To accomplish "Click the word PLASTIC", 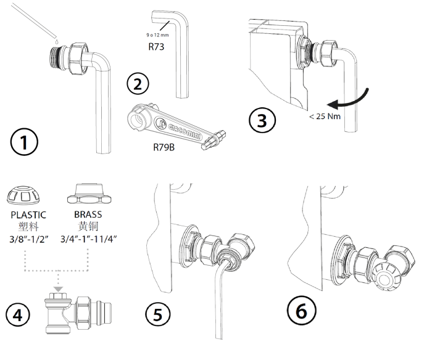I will click(x=27, y=216).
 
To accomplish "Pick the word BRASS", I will click(x=88, y=216).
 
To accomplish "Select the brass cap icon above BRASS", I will click(x=88, y=195).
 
